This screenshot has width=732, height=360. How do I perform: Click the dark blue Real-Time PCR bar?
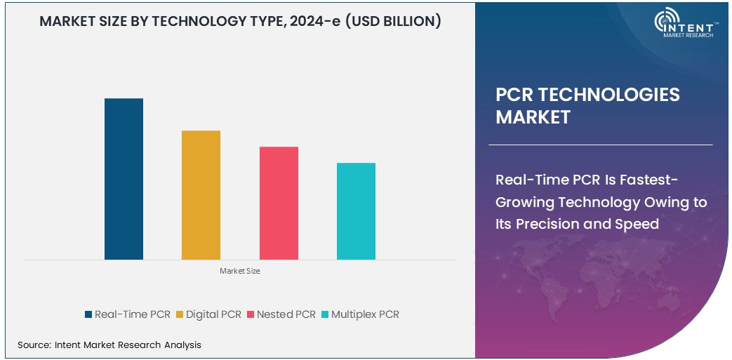click(124, 179)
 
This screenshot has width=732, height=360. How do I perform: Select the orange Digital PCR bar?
click(201, 195)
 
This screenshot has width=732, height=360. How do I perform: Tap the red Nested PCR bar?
click(279, 203)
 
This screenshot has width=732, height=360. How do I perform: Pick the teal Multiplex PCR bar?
click(356, 211)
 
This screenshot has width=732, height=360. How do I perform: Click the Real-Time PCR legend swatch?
click(88, 314)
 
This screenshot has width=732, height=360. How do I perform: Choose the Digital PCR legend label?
click(214, 314)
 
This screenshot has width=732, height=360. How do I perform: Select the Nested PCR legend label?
click(286, 314)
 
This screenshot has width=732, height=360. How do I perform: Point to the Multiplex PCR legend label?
click(365, 314)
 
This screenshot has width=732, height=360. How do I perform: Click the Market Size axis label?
click(239, 271)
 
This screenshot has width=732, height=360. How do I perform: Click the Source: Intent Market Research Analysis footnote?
click(109, 345)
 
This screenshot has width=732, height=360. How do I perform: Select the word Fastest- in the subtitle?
click(652, 180)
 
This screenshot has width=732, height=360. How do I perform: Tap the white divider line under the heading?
click(600, 145)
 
